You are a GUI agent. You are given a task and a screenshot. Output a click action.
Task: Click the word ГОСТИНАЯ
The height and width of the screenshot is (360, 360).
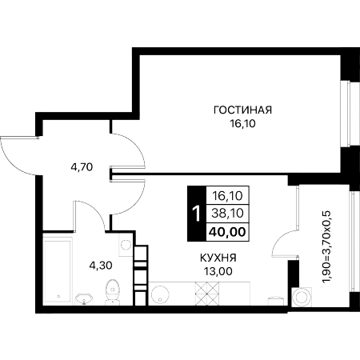click(242, 110)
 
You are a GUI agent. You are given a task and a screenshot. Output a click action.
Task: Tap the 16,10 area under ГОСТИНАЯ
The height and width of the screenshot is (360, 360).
click(242, 123)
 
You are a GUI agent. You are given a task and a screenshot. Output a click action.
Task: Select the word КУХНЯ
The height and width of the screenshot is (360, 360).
click(218, 258)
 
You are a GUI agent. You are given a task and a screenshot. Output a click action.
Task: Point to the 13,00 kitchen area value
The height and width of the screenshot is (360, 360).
click(218, 271)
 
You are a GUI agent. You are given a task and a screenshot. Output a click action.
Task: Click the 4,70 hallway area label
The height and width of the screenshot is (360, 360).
click(82, 167)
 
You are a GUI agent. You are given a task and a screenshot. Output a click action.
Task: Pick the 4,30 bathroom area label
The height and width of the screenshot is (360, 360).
click(101, 266)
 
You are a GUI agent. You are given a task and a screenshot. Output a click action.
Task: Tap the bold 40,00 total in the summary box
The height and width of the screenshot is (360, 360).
click(227, 232)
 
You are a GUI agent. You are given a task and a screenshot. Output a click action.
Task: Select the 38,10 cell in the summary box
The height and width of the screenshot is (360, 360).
click(227, 214)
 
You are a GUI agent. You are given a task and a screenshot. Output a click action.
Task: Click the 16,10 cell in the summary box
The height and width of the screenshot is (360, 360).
click(227, 196)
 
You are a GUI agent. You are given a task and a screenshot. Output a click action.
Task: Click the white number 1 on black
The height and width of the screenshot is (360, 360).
click(197, 214)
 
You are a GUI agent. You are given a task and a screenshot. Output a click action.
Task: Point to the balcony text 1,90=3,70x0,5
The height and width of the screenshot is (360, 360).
click(326, 246)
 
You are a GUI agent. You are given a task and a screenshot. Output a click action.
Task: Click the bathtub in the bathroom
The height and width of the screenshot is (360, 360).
click(58, 270)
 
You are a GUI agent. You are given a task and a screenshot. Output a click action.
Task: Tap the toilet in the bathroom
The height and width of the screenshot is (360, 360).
click(113, 292)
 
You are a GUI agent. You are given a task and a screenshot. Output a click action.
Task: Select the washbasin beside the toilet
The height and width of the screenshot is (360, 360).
click(83, 299)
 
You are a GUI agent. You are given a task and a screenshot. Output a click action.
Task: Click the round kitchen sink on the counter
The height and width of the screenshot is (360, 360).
click(160, 295)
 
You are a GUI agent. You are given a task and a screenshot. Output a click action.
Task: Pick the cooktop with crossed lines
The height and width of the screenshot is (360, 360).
click(207, 294)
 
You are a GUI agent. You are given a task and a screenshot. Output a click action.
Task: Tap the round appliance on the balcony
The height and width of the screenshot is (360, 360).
click(302, 298)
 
